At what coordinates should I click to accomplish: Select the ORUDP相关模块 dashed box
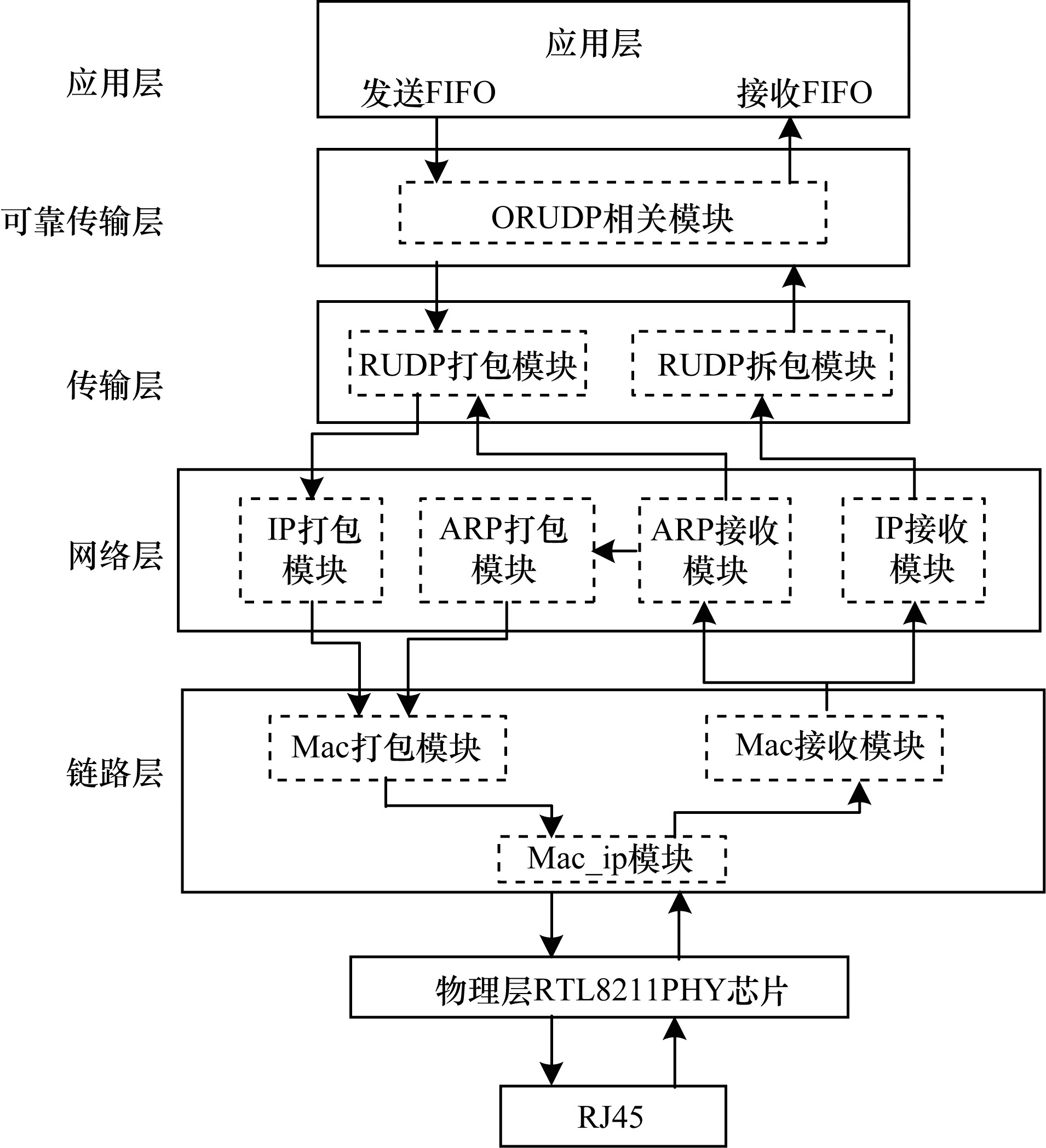tap(612, 213)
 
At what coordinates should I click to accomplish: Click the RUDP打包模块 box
tap(468, 363)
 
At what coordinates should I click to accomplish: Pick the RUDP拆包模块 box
tap(762, 363)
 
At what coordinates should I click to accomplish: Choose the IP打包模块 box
tap(312, 549)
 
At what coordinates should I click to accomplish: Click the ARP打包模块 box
tap(507, 549)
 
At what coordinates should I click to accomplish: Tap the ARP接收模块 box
tap(715, 549)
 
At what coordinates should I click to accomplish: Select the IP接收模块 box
tap(914, 549)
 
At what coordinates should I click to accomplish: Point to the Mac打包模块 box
tap(388, 748)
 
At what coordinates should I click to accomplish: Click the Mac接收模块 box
tap(825, 747)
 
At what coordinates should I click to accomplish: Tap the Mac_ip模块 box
tap(612, 859)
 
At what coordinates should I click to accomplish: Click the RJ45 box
tap(613, 1116)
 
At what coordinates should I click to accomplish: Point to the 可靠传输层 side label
tap(83, 221)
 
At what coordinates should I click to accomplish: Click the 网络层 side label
tap(116, 555)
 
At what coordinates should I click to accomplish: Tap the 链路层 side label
tap(115, 773)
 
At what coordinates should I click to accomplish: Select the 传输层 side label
tap(115, 385)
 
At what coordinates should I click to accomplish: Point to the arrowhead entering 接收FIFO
tap(790, 129)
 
